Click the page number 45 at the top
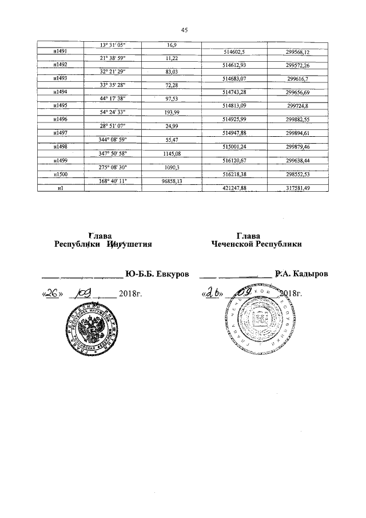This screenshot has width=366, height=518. click(184, 30)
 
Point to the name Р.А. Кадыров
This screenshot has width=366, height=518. click(301, 274)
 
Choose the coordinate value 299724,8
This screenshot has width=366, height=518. click(297, 105)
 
